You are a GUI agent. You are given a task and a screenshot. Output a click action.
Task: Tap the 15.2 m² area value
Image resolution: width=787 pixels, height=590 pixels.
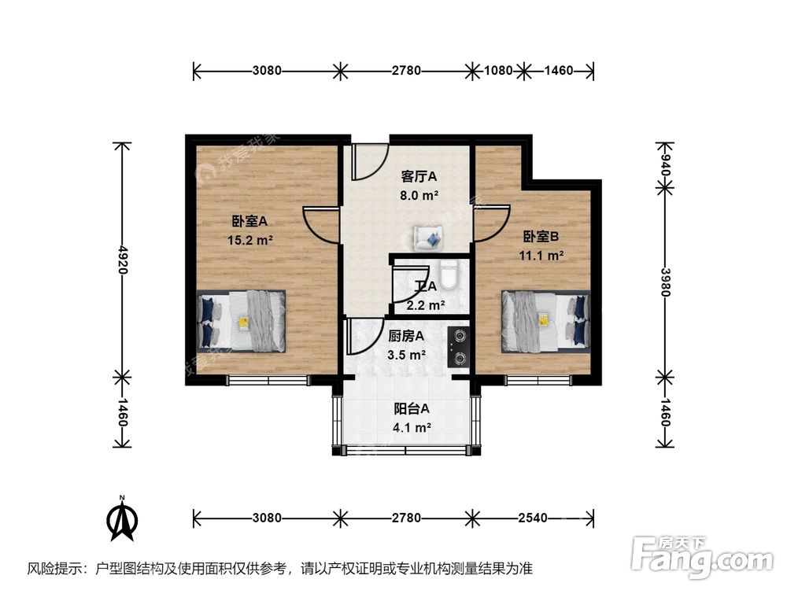point(250,240)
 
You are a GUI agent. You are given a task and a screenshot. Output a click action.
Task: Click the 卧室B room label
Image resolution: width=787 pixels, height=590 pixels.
point(541,236)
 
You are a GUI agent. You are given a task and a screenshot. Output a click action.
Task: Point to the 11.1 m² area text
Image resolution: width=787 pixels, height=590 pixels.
point(541,255)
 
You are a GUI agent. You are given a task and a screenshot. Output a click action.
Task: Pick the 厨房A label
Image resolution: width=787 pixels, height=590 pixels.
point(407,336)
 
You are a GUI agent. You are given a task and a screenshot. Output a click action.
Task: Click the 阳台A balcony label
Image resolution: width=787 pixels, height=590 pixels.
point(412,408)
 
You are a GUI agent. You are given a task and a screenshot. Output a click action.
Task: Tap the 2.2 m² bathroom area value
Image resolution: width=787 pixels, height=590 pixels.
point(426,305)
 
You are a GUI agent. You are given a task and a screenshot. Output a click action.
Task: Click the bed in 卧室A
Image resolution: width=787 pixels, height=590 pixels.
point(241,321)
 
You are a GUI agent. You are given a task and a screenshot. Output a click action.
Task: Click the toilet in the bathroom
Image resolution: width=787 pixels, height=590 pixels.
point(449,277)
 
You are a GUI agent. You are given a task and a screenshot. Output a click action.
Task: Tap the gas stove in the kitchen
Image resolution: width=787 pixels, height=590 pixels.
point(457,347)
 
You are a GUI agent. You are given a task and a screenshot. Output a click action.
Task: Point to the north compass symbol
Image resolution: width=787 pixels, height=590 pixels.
point(123,519)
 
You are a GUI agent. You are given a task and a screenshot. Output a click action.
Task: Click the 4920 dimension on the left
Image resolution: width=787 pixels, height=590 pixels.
point(122,257)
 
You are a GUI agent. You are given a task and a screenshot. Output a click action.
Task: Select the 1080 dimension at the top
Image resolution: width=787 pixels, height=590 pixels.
point(498,71)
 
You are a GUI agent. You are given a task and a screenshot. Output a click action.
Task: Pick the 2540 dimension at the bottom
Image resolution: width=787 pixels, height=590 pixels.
point(533,518)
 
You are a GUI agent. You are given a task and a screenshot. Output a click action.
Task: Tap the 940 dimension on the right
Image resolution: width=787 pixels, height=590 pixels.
point(666,165)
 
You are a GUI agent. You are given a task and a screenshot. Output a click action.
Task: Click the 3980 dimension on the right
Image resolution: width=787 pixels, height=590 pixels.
point(666,280)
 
